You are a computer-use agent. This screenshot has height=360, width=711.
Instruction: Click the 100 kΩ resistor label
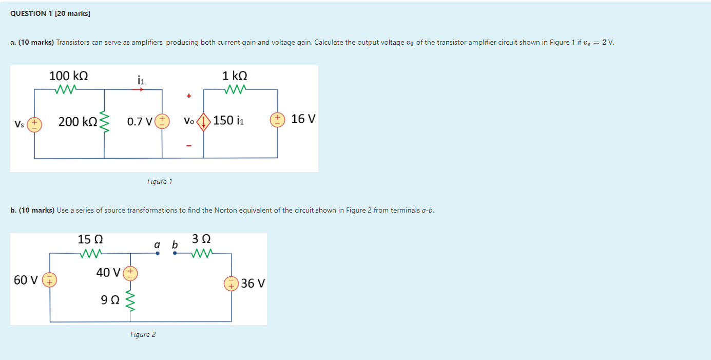click(68, 75)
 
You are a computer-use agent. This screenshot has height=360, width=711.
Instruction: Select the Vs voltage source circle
click(34, 124)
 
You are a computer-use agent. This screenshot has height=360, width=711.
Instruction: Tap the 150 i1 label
click(229, 121)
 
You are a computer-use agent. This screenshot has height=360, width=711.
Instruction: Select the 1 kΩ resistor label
click(235, 75)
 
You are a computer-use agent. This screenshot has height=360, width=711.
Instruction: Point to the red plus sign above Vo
click(189, 96)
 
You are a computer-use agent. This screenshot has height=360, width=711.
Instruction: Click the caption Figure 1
click(160, 181)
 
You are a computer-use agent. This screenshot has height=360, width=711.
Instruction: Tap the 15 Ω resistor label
click(90, 239)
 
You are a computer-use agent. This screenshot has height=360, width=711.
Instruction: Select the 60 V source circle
click(50, 280)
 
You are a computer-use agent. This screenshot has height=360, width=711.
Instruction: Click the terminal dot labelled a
click(158, 253)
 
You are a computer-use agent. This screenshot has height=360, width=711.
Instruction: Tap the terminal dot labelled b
click(175, 253)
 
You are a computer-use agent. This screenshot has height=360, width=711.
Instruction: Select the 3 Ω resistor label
click(201, 239)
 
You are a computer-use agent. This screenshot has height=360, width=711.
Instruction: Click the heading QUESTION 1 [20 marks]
click(50, 13)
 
